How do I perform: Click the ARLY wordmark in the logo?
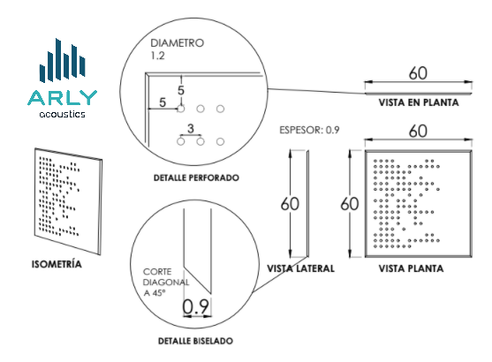(63, 97)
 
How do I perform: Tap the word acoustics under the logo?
(63, 114)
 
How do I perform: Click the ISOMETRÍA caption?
(57, 264)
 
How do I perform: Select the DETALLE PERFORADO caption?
(196, 177)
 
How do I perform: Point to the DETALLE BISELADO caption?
(195, 341)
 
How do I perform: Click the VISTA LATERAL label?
(300, 268)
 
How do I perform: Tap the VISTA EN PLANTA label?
(419, 102)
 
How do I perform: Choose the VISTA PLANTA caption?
(411, 268)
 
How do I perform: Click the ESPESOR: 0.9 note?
(309, 130)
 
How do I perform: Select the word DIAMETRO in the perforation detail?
(178, 43)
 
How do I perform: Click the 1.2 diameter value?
(157, 56)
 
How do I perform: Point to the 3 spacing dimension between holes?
(191, 128)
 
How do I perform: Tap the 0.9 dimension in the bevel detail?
(195, 306)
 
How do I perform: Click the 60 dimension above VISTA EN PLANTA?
(418, 73)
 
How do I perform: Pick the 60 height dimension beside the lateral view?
(290, 204)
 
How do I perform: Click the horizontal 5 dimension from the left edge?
(163, 102)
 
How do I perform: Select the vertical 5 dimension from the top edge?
(181, 90)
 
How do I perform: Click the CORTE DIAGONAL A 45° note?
(166, 282)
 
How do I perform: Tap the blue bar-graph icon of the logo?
(63, 61)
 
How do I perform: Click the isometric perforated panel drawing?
(68, 201)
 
